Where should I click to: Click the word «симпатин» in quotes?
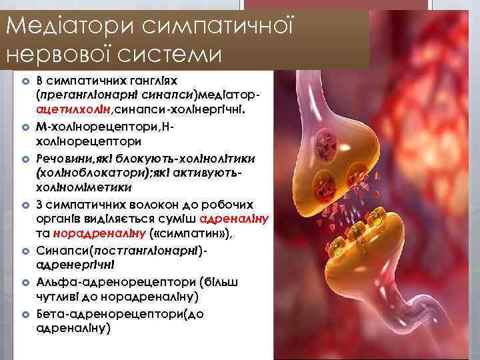pos(192,231)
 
